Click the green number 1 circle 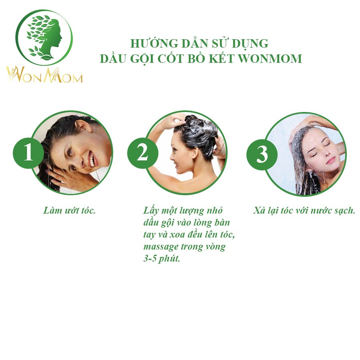point(28,153)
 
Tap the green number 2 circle point(142,153)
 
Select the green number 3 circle point(262,154)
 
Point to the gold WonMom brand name point(44,75)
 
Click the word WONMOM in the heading point(270,58)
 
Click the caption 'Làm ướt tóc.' point(69,210)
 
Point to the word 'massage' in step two point(161,247)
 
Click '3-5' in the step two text point(150,259)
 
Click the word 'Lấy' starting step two point(151,211)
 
